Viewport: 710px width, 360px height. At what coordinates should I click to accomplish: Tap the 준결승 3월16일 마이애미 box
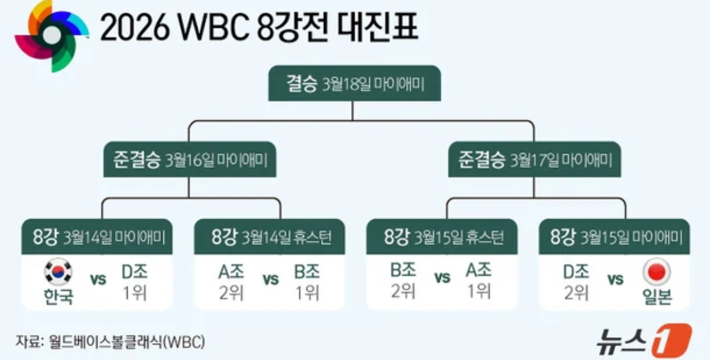tap(190, 160)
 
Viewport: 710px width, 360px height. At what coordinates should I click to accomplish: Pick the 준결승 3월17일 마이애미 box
tap(534, 160)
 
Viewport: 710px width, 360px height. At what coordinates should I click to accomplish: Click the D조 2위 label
tap(576, 282)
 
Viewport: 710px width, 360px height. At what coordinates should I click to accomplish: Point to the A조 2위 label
tap(231, 282)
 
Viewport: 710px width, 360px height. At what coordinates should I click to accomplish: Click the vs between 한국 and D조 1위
tap(98, 280)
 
